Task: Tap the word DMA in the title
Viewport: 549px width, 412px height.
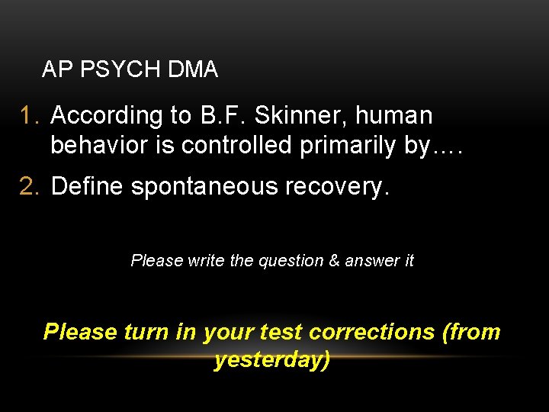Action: (193, 70)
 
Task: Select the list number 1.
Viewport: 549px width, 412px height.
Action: (30, 116)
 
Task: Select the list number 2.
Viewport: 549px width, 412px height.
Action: (30, 186)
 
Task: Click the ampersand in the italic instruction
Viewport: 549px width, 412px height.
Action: (334, 261)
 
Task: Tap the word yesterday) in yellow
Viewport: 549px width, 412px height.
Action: (273, 359)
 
